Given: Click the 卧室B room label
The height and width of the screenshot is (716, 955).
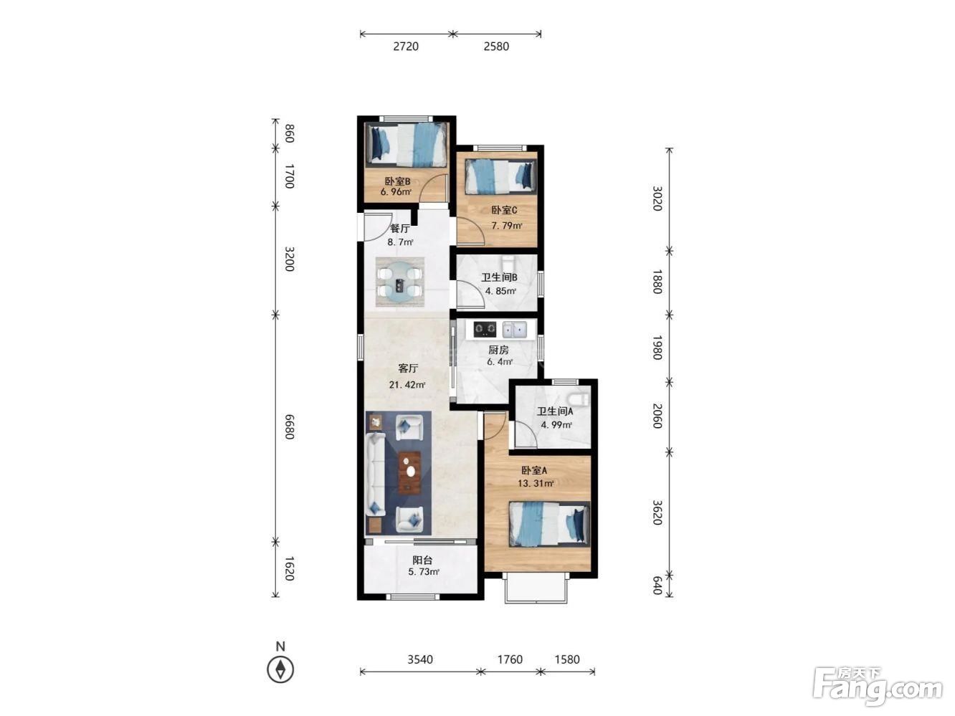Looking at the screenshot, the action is (396, 181).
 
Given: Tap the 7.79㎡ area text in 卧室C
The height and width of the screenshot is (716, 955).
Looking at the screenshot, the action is (506, 226).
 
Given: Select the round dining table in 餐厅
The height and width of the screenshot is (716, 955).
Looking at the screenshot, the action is (399, 282).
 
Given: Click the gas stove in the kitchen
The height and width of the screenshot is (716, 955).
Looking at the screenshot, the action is (485, 330).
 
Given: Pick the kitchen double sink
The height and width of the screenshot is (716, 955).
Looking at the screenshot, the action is (514, 330).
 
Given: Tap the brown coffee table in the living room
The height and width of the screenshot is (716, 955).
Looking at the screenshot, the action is (410, 473).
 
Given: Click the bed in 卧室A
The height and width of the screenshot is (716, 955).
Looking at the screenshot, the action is (549, 523).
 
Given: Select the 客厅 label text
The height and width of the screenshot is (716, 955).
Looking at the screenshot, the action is (408, 368).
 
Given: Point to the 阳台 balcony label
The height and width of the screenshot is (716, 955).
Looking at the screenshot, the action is (422, 560).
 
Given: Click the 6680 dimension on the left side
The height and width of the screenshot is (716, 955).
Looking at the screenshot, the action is (290, 427).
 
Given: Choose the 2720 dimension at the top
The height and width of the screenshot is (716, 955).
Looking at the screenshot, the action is (406, 46).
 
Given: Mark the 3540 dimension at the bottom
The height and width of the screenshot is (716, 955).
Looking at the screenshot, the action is (420, 659).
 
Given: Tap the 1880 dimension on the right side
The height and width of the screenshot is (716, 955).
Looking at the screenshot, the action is (657, 282).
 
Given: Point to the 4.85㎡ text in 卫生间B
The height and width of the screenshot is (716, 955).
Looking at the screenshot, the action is (500, 291).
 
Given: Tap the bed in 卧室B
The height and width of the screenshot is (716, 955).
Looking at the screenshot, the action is (407, 144).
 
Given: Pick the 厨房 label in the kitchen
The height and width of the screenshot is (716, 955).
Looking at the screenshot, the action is (498, 350).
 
